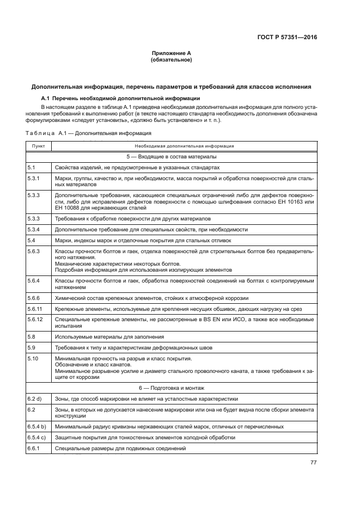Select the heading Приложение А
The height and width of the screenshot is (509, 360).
click(171, 53)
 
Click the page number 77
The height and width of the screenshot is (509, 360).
click(313, 462)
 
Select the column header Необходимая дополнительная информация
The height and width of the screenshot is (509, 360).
click(185, 146)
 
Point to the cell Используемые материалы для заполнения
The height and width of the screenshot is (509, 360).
click(98, 337)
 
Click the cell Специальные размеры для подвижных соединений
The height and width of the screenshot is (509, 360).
click(120, 448)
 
